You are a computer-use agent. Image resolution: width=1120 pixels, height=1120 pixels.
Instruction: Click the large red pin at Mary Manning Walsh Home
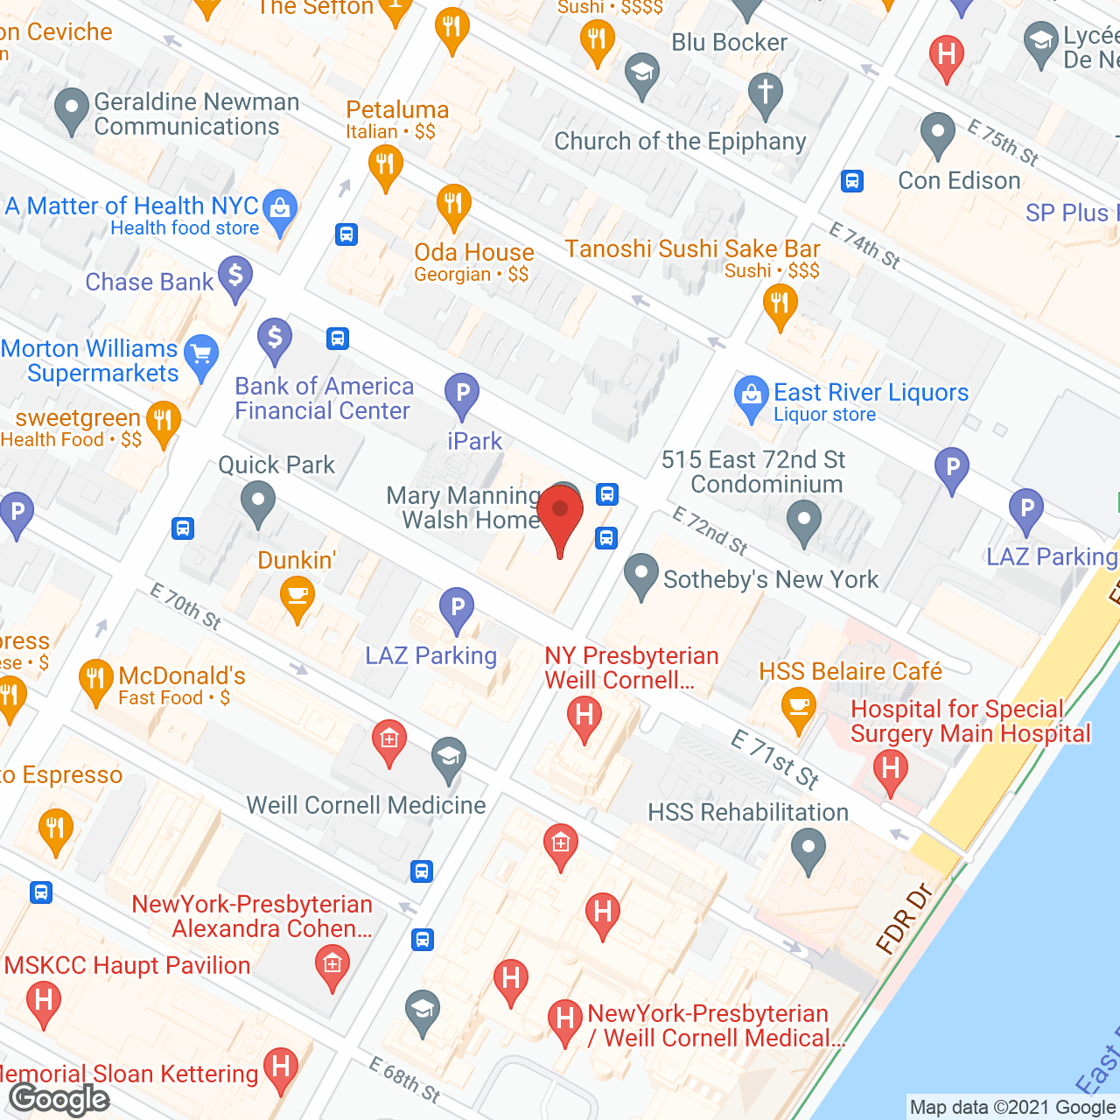560,514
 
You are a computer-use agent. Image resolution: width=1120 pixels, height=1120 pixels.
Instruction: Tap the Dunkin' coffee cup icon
297,598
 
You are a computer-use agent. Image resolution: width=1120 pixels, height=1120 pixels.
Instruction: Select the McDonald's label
182,676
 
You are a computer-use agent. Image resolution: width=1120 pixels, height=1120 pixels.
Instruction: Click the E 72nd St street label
710,531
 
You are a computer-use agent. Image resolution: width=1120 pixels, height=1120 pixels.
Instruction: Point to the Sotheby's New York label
770,579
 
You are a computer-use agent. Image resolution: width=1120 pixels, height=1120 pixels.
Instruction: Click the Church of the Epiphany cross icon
766,92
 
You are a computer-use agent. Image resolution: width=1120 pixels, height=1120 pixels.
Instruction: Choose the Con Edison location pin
938,134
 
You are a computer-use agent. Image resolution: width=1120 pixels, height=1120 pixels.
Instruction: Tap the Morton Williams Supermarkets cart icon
202,355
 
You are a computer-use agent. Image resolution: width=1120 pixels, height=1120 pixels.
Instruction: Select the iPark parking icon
462,394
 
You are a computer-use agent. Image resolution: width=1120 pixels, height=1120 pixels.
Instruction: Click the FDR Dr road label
905,918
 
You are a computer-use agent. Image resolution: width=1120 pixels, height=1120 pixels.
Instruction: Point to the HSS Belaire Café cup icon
798,706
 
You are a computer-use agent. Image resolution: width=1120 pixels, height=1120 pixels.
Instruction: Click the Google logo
59,1099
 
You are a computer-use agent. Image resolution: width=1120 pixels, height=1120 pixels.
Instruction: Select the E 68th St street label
404,1080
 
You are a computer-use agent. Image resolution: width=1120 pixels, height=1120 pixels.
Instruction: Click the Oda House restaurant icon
452,206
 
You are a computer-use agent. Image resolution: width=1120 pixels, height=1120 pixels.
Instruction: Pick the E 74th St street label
864,245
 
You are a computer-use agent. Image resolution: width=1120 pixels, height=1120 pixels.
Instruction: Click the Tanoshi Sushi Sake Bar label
692,249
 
